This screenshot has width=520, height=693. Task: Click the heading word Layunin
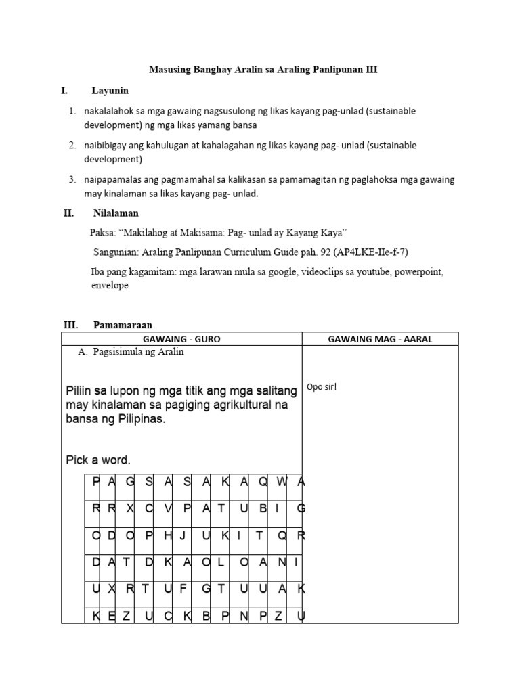[x=110, y=90]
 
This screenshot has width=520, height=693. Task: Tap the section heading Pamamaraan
[x=123, y=325]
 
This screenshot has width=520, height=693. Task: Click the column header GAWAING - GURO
[x=181, y=339]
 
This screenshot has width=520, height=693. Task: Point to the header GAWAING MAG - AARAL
[x=380, y=339]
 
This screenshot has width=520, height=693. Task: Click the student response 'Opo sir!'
[x=322, y=387]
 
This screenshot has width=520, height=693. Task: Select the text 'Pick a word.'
[x=98, y=460]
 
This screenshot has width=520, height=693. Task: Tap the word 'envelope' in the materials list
[x=110, y=286]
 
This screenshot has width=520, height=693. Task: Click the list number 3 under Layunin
[x=71, y=179]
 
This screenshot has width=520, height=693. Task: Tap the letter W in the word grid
[x=282, y=481]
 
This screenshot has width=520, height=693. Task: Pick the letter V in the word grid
[x=168, y=508]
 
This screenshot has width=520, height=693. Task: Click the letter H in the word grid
[x=168, y=535]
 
